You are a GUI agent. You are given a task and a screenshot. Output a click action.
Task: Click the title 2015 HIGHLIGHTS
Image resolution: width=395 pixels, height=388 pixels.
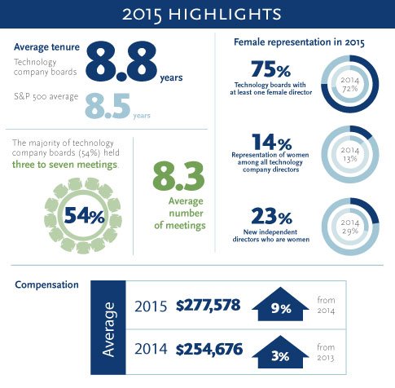(197, 14)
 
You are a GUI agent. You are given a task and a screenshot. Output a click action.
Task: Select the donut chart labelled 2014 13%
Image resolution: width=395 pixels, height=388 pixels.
(351, 154)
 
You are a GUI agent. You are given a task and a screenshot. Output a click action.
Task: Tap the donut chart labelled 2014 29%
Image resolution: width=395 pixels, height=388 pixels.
(351, 227)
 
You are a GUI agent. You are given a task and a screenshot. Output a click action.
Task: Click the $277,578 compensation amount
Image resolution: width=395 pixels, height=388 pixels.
(208, 307)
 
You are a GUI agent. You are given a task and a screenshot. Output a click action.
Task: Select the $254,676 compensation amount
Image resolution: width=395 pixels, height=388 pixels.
(208, 349)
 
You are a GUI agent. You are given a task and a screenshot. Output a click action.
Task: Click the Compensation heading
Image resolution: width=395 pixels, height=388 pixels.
(47, 284)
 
